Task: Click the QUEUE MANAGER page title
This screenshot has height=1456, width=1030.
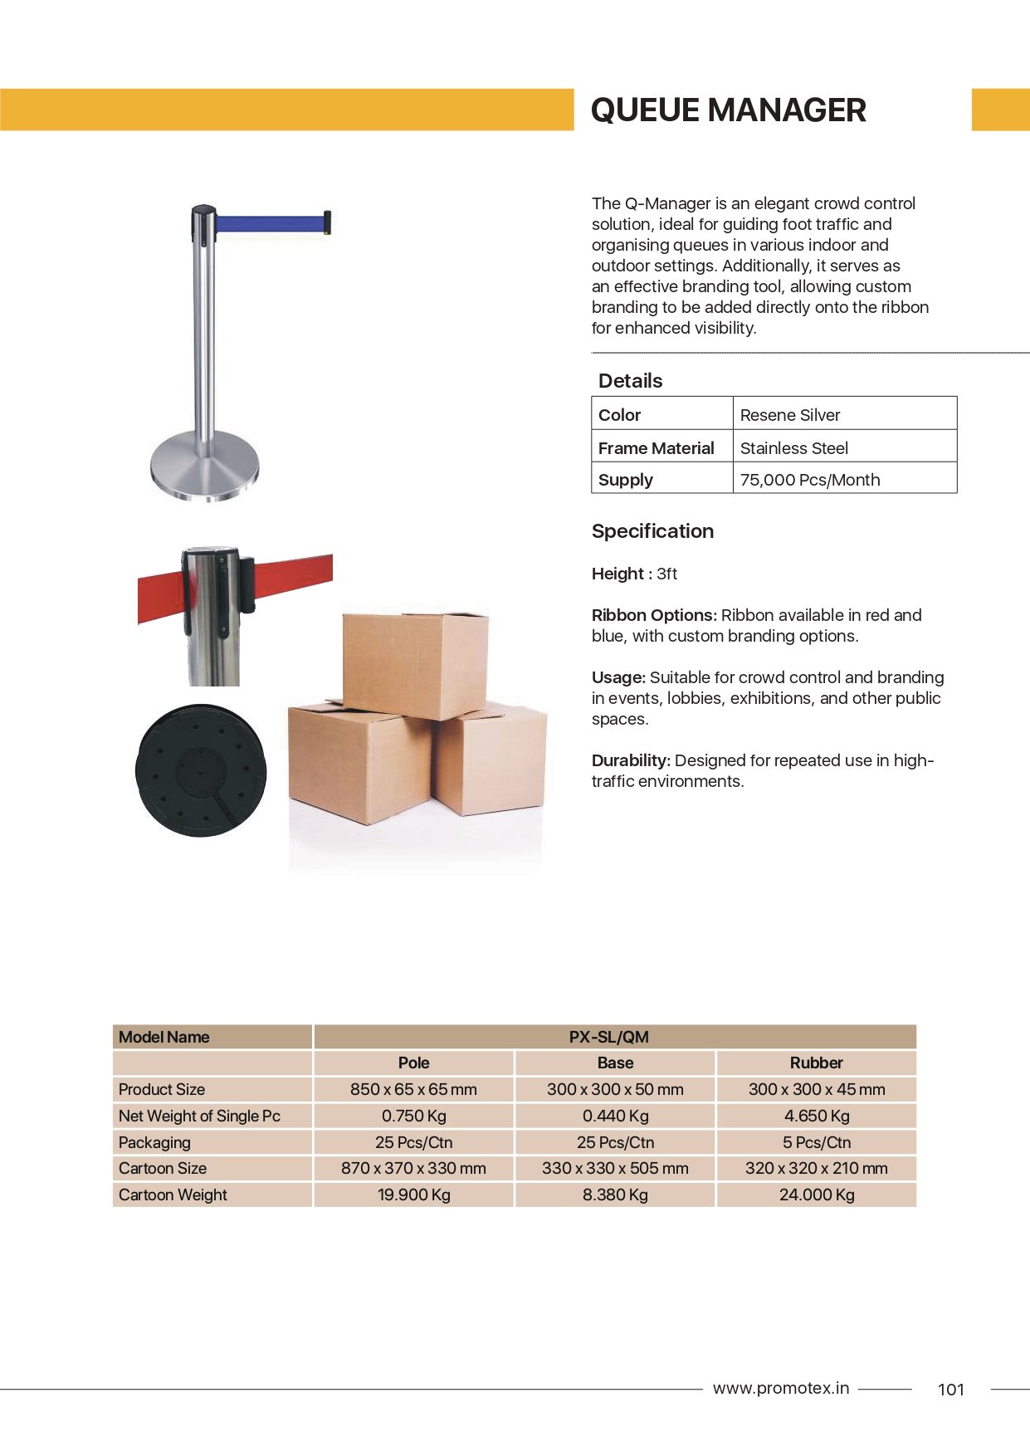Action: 728,110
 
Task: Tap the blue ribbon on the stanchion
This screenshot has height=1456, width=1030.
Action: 269,223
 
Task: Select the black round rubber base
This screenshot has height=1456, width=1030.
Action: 202,770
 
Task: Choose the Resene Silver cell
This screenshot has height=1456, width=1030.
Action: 790,415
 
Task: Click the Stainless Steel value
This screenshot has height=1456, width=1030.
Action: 793,448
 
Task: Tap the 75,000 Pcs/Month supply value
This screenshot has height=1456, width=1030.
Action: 809,480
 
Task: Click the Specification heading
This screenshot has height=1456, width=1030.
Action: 652,531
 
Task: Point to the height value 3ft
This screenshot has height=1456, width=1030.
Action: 666,574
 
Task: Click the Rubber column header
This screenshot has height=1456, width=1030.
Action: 816,1063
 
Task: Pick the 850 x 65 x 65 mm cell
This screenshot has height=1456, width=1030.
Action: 413,1089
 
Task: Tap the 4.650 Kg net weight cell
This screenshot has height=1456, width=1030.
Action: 816,1116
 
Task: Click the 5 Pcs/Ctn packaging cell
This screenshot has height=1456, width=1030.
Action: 816,1142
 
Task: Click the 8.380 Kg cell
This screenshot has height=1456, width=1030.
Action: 615,1195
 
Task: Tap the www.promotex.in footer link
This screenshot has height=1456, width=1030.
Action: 780,1388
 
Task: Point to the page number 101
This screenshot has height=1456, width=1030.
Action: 950,1390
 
